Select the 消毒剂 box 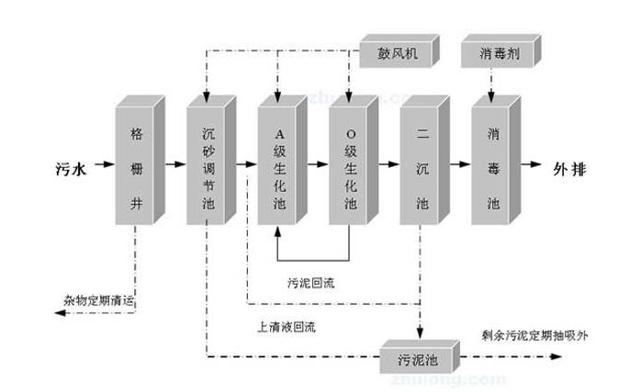(x=495, y=54)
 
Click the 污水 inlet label (x=70, y=167)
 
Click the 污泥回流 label (x=311, y=282)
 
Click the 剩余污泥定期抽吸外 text (x=534, y=335)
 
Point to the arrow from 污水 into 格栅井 (x=104, y=167)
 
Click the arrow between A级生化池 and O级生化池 (x=317, y=167)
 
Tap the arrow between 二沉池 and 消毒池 (x=459, y=167)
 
